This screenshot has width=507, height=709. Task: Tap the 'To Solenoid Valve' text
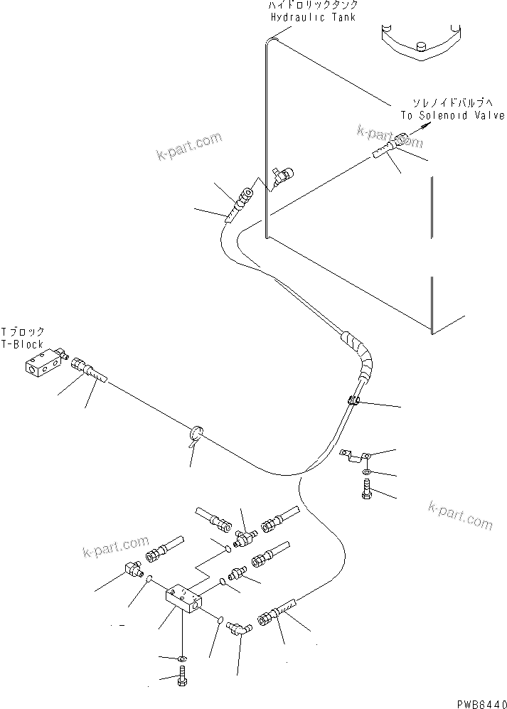(452, 115)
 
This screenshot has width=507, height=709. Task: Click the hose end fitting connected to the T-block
(88, 369)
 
